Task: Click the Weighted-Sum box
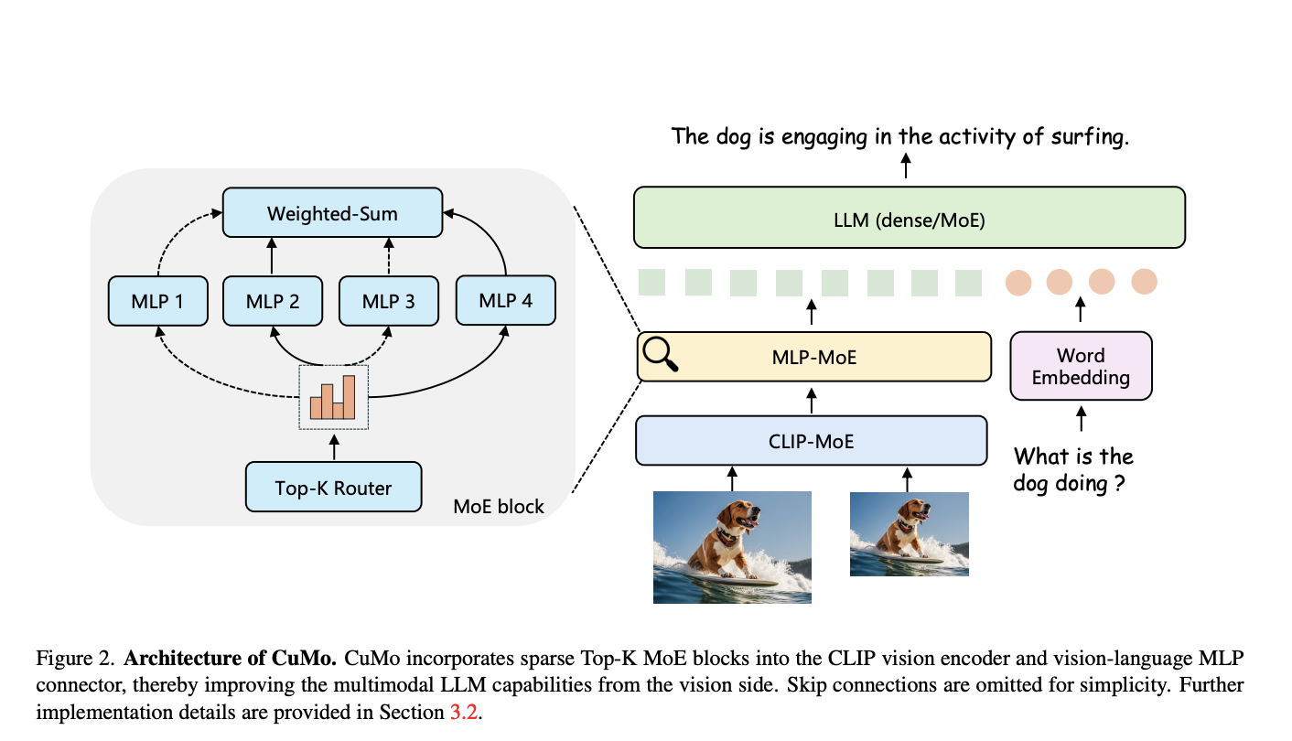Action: pyautogui.click(x=332, y=214)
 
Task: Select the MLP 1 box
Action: pyautogui.click(x=156, y=301)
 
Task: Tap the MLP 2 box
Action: pyautogui.click(x=273, y=301)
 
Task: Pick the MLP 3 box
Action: pyautogui.click(x=388, y=301)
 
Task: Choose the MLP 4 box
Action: pyautogui.click(x=504, y=299)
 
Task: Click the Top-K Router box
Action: pyautogui.click(x=333, y=488)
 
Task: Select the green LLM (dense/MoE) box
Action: pyautogui.click(x=909, y=218)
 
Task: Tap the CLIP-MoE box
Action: pyautogui.click(x=811, y=441)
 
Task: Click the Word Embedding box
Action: pyautogui.click(x=1081, y=366)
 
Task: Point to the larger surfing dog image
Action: pyautogui.click(x=732, y=547)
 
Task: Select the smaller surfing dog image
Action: pyautogui.click(x=909, y=534)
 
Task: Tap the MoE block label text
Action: pyautogui.click(x=499, y=506)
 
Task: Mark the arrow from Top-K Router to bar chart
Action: pyautogui.click(x=333, y=446)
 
